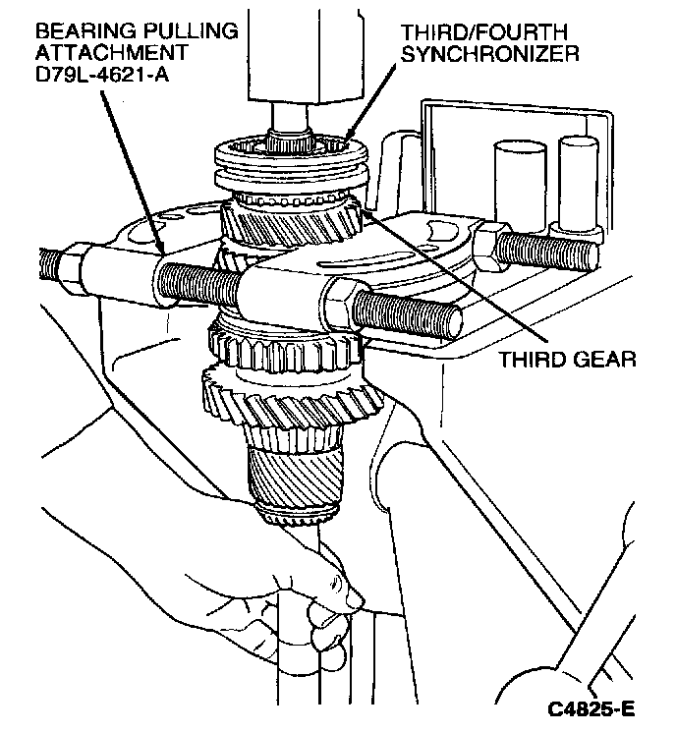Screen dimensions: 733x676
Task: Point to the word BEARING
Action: coord(70,30)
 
